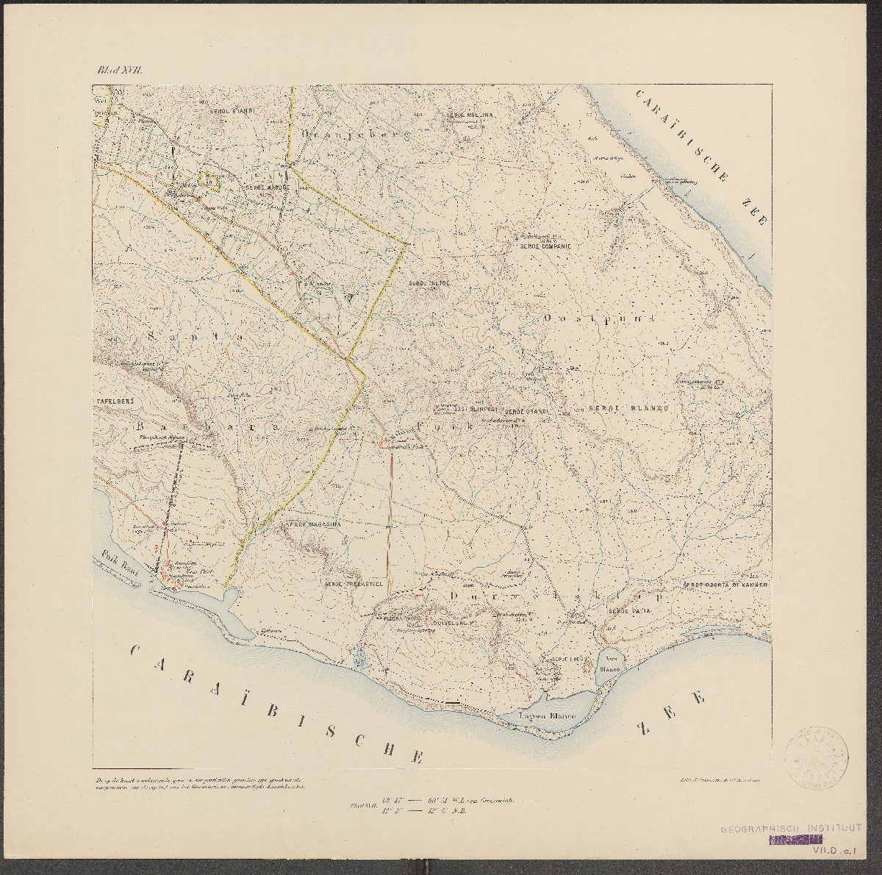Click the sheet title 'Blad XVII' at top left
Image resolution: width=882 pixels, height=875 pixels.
[x=120, y=71]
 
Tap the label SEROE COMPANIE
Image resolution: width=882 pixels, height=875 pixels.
[x=545, y=246]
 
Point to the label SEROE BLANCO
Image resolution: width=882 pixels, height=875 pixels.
[x=630, y=408]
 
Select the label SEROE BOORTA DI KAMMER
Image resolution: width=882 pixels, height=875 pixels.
[x=725, y=585]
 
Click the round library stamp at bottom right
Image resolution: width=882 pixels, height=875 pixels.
[x=817, y=758]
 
